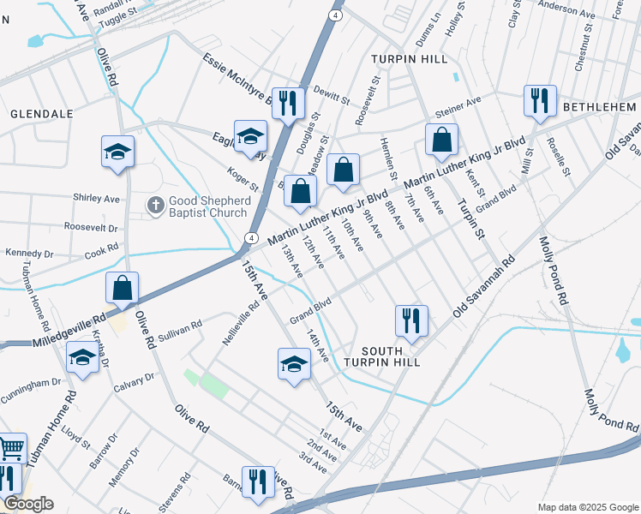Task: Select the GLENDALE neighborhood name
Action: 41,113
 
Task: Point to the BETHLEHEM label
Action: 600,106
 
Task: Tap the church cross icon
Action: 155,204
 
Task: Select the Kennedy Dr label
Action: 29,254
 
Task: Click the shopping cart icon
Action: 10,448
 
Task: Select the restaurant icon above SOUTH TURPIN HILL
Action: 410,320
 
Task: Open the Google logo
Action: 28,504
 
